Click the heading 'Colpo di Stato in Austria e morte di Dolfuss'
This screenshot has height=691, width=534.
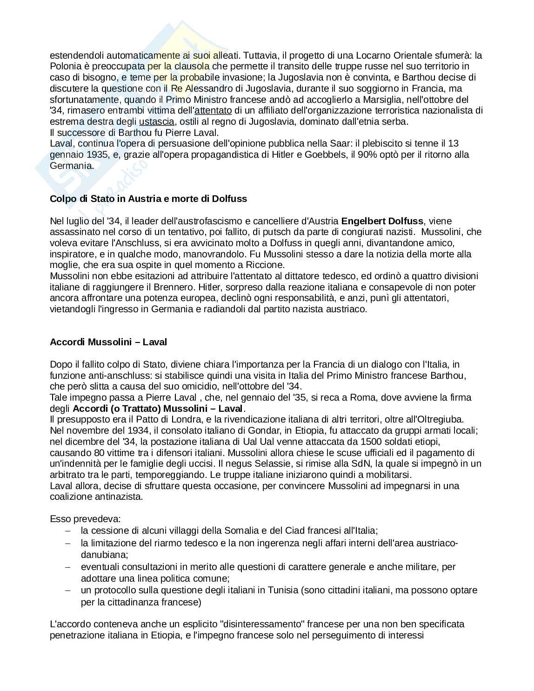[148, 199]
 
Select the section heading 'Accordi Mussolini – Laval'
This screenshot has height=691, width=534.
[108, 342]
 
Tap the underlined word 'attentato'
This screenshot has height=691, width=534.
[213, 111]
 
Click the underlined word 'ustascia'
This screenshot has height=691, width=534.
[157, 122]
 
